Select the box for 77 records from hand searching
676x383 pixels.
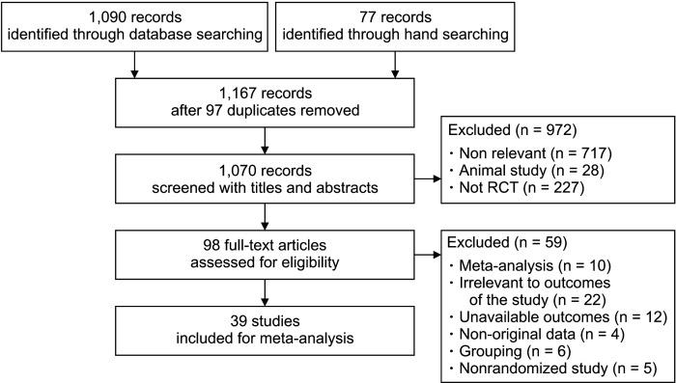point(395,27)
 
